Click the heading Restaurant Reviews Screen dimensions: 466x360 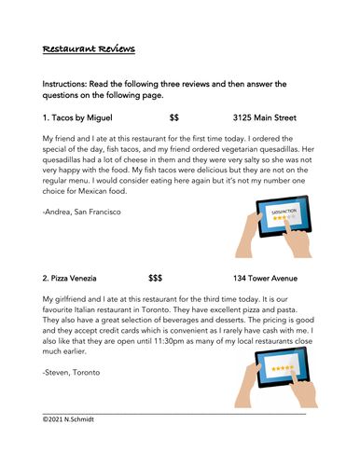(x=89, y=48)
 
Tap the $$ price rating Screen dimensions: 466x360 (x=174, y=118)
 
